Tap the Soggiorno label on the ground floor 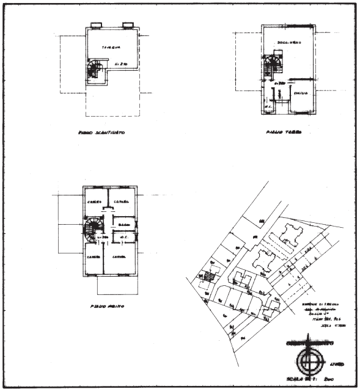tap(285, 43)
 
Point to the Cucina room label tap(299, 93)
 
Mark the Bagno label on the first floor tap(124, 224)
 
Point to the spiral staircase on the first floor tap(93, 230)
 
